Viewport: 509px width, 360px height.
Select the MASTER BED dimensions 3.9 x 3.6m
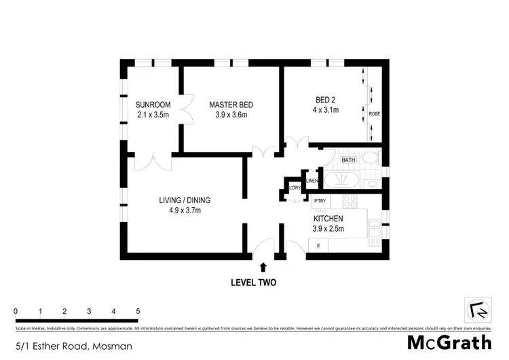(x=231, y=115)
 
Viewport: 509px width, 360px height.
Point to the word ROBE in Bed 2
(x=374, y=113)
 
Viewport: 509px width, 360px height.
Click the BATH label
(x=348, y=160)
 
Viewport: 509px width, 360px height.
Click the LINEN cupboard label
(x=312, y=181)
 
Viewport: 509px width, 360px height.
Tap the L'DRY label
(x=295, y=188)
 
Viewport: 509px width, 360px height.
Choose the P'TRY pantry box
(x=320, y=200)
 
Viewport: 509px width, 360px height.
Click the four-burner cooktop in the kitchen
(x=350, y=201)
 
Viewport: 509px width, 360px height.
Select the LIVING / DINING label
(x=184, y=200)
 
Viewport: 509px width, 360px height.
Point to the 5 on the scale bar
(x=138, y=311)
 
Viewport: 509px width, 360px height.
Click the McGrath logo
(x=450, y=342)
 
